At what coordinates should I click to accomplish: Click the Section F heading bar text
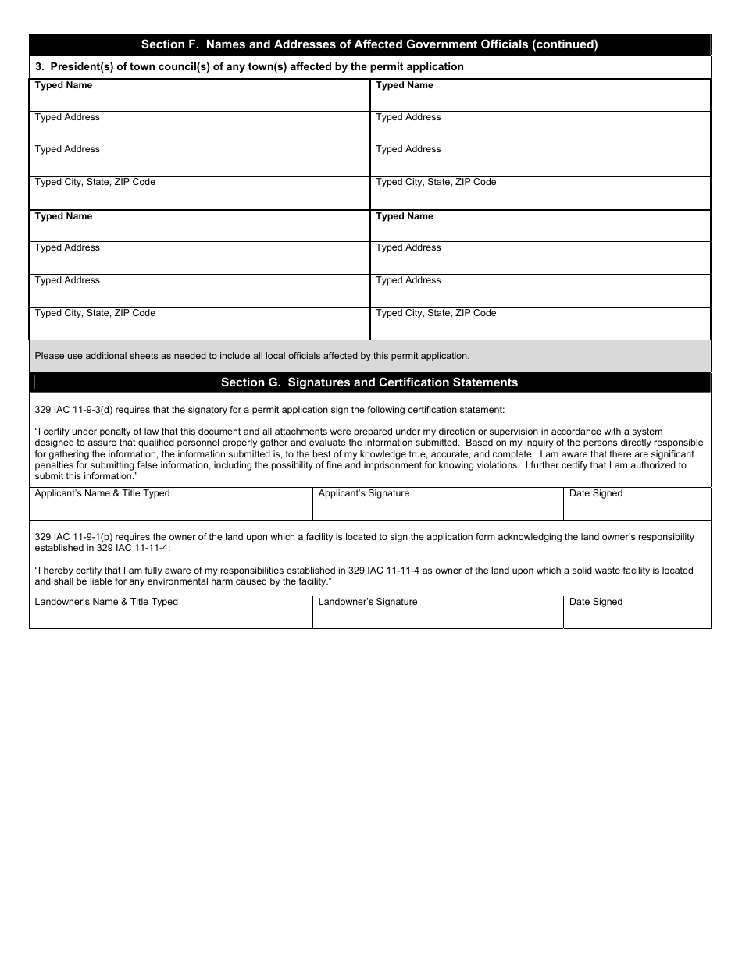click(x=369, y=44)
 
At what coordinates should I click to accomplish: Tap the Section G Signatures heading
click(x=369, y=382)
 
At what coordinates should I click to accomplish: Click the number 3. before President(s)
click(x=39, y=67)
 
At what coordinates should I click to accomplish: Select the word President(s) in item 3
click(x=77, y=67)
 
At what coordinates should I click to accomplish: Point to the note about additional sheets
click(x=252, y=356)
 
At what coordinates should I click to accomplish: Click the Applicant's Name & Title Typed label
click(x=102, y=493)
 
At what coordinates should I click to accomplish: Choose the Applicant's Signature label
click(x=364, y=493)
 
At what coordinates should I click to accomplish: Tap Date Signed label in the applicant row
click(x=596, y=493)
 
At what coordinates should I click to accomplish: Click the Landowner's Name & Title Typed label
click(x=106, y=602)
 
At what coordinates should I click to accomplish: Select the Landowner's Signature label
click(x=368, y=602)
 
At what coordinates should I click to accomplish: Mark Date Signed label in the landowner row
click(x=596, y=602)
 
